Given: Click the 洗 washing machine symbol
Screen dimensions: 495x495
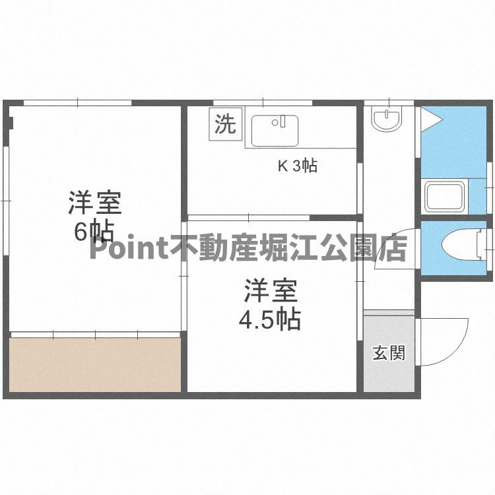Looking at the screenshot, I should tap(226, 125).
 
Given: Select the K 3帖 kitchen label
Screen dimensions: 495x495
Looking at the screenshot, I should tap(297, 166).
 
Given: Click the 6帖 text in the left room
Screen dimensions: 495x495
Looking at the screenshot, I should tap(93, 231).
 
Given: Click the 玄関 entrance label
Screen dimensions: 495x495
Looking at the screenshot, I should tap(389, 353).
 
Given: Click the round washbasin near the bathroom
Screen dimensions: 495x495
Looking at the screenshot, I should tap(385, 121).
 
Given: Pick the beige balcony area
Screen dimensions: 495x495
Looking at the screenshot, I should tap(95, 364).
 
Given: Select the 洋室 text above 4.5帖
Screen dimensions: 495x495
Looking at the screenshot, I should tap(271, 290).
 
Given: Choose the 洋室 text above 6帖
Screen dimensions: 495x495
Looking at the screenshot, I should tap(94, 202).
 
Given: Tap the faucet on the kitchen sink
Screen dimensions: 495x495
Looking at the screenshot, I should tap(282, 121).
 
